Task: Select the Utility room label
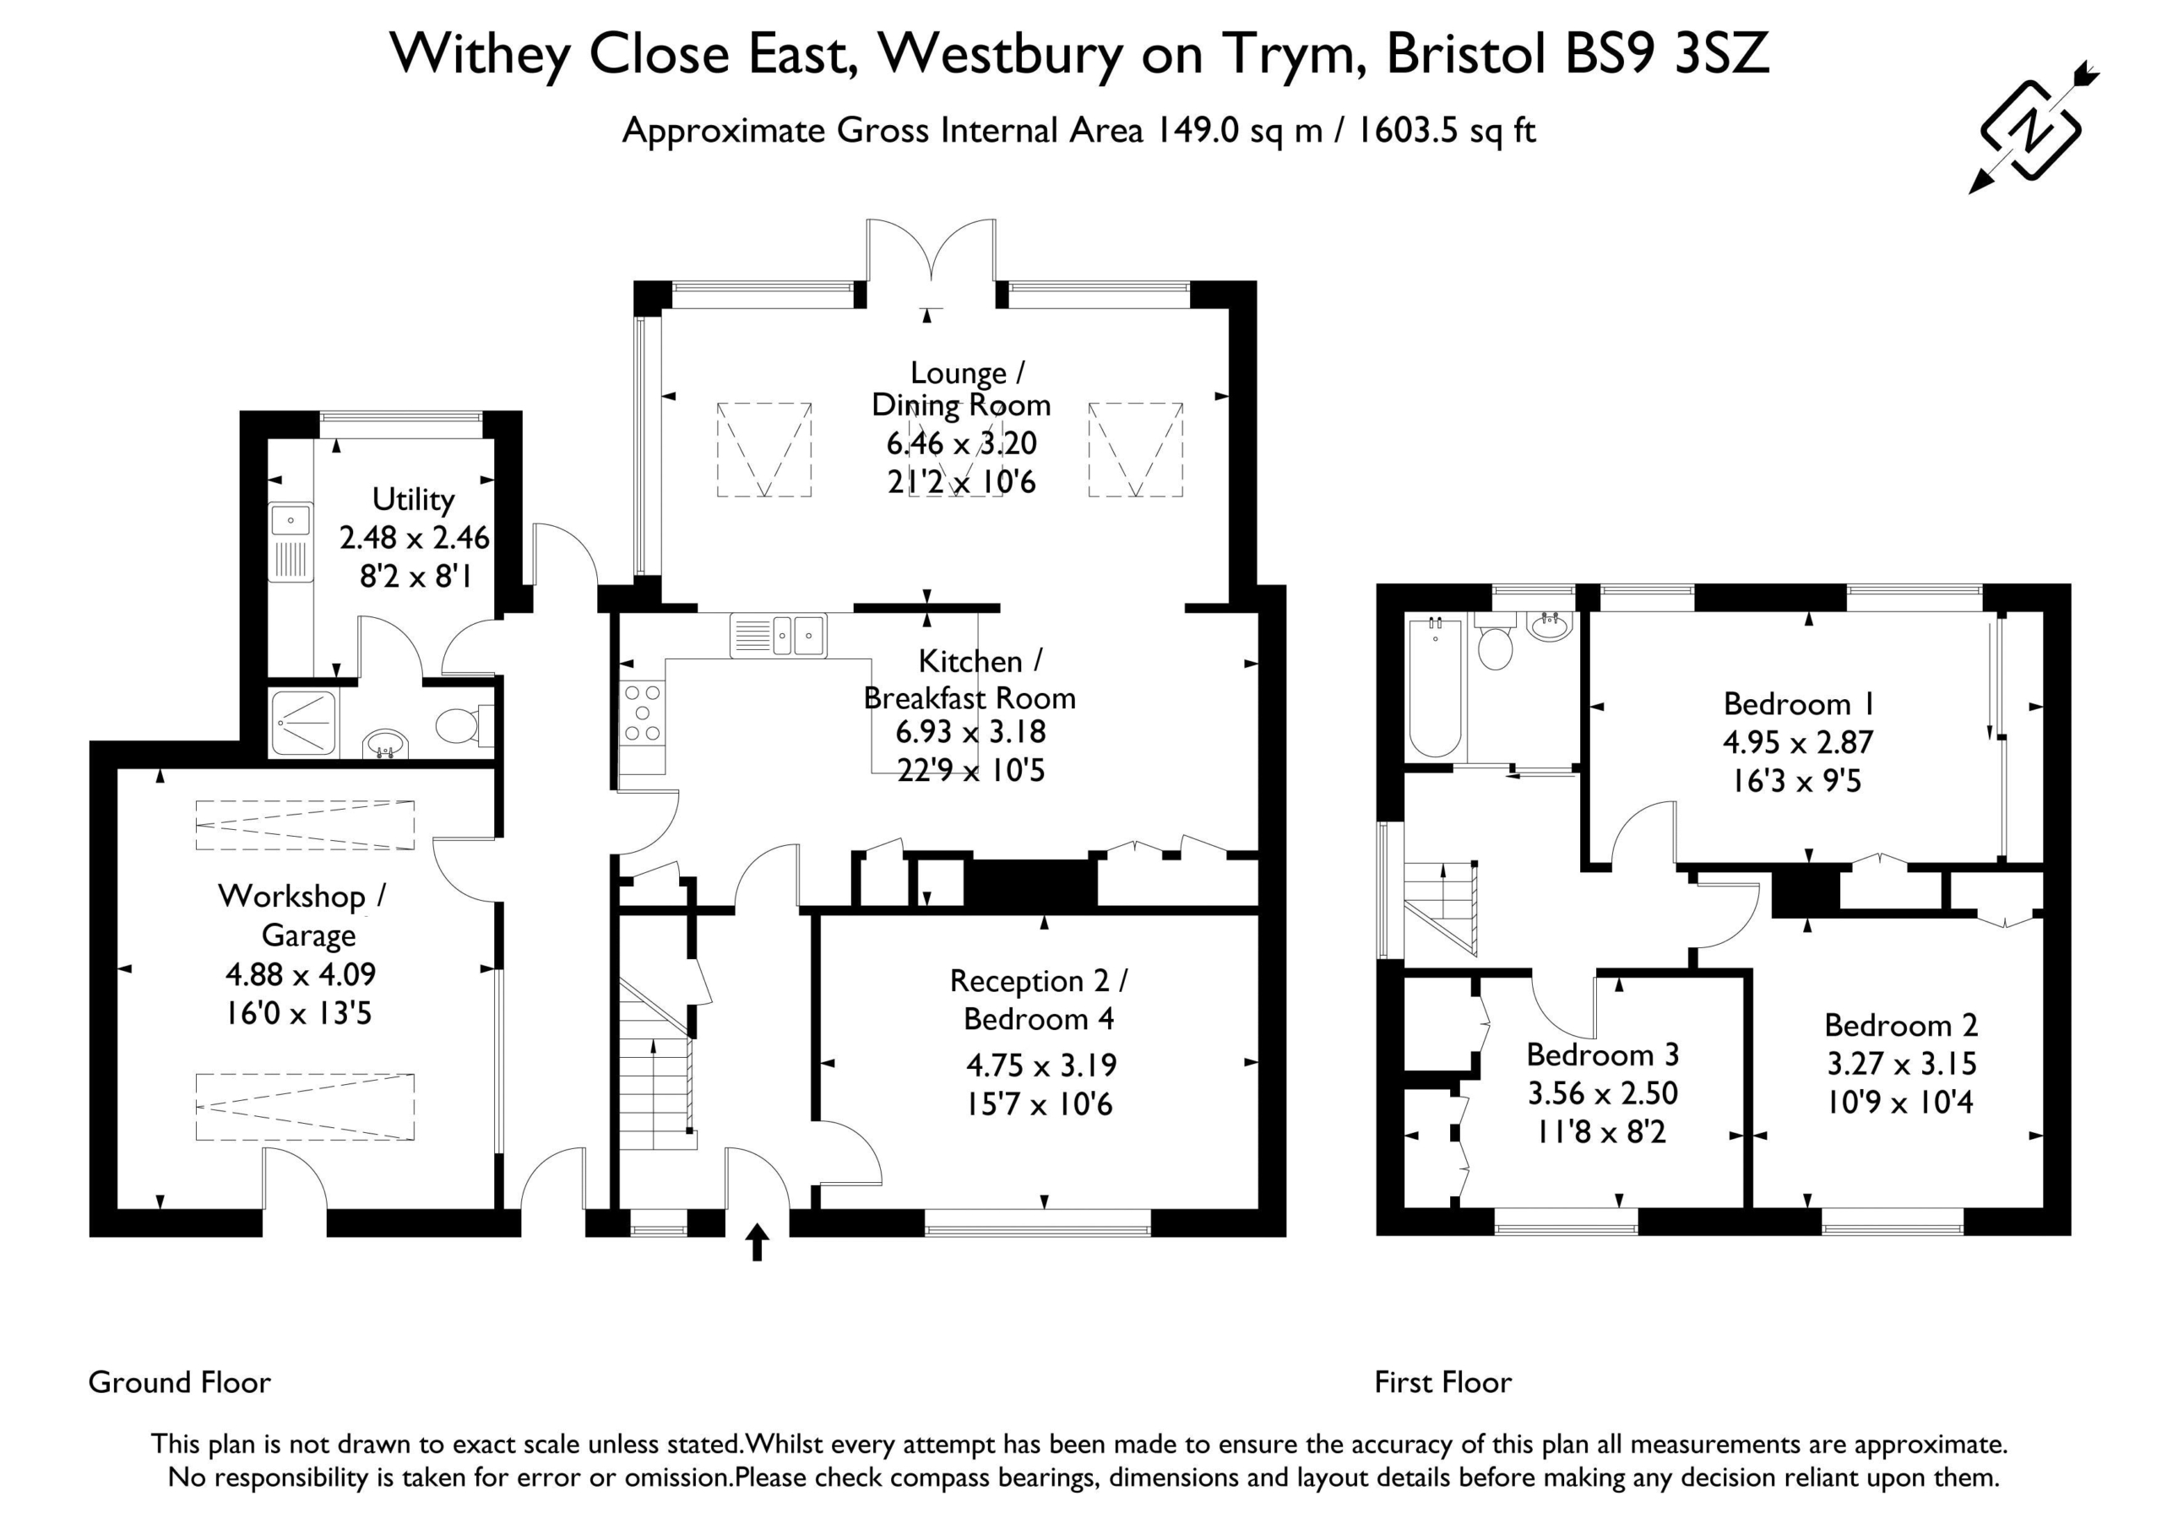click(413, 499)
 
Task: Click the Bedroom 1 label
click(1799, 703)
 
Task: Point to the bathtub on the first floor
click(1434, 687)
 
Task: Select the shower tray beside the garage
click(303, 724)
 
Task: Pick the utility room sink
click(291, 543)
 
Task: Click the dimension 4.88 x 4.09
click(301, 973)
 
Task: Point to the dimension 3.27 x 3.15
click(1901, 1063)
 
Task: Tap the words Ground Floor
click(180, 1382)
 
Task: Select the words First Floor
click(1443, 1382)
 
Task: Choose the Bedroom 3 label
click(1603, 1055)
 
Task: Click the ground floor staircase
click(656, 1064)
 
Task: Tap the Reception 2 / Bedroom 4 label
click(1039, 1000)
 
